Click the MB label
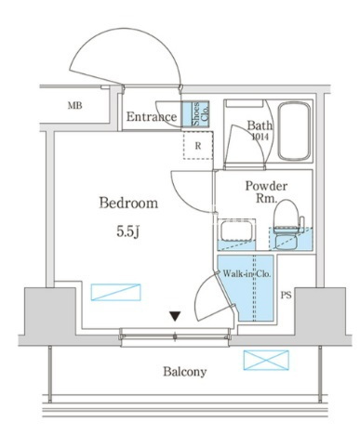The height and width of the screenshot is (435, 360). [x=75, y=106]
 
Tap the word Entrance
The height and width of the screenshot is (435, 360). [x=152, y=117]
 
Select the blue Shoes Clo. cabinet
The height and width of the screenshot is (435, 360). [x=195, y=114]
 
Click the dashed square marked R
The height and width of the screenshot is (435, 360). [x=198, y=145]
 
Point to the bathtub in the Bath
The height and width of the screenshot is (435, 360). [x=294, y=131]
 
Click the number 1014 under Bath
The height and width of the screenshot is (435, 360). [x=260, y=137]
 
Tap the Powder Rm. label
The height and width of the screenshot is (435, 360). [x=266, y=192]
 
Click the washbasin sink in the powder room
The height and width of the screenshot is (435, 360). [x=237, y=231]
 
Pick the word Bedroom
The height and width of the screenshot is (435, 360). [x=128, y=203]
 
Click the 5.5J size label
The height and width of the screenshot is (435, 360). [x=127, y=231]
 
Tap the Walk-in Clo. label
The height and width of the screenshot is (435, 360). [x=247, y=274]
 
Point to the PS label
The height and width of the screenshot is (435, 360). [x=287, y=296]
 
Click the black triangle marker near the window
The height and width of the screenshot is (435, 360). [x=175, y=316]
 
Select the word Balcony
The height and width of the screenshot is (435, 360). [x=185, y=372]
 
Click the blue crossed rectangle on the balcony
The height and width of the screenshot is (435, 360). [x=266, y=360]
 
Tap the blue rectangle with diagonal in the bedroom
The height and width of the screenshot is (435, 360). [x=115, y=292]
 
